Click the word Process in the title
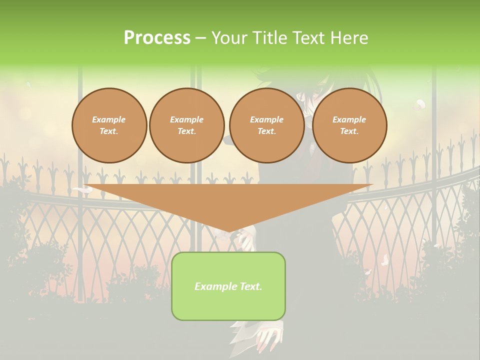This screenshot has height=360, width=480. (x=157, y=37)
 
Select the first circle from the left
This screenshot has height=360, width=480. (x=109, y=125)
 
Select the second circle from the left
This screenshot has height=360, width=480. (x=187, y=125)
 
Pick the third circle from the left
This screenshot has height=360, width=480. (x=267, y=125)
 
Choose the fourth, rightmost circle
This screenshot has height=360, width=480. (x=349, y=125)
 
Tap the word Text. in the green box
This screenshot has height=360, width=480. (x=250, y=286)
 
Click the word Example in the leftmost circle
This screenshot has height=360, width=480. (x=109, y=119)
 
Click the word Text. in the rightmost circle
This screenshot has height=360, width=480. (x=349, y=131)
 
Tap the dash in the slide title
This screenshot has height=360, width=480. (x=201, y=38)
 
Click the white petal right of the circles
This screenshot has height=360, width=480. (x=420, y=104)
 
